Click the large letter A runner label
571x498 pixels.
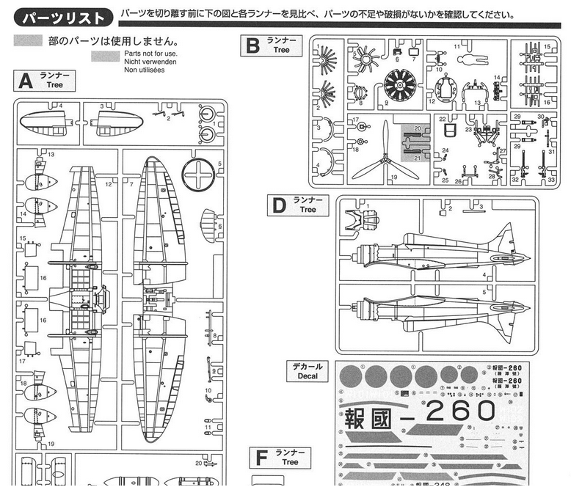click(25, 80)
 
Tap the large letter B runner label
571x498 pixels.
click(252, 46)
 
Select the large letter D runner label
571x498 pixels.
click(277, 205)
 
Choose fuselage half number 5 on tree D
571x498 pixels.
click(433, 308)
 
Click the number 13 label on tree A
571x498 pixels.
click(51, 154)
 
